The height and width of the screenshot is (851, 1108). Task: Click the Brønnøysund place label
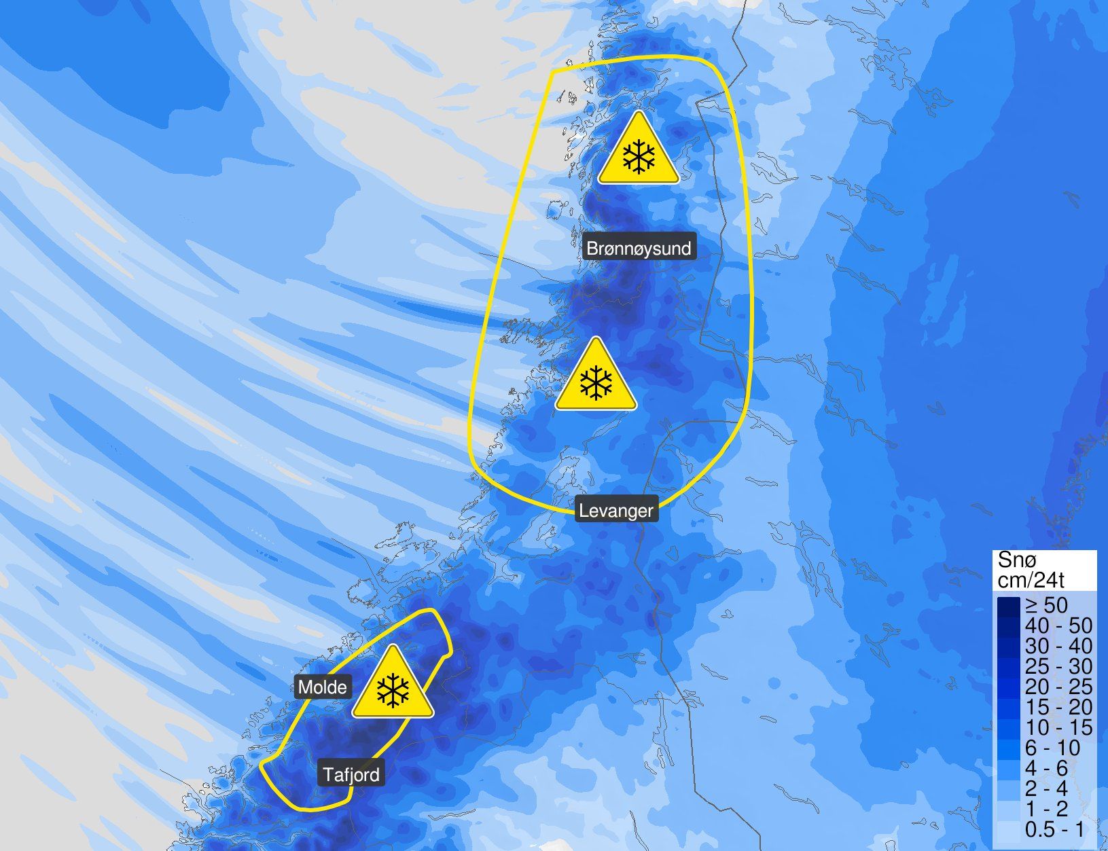638,248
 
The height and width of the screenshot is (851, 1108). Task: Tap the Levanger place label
616,510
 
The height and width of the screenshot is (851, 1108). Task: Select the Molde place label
323,687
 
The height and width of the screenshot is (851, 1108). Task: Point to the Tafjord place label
351,774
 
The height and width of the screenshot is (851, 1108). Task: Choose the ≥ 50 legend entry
1046,605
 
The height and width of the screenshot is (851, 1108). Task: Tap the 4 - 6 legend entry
1047,769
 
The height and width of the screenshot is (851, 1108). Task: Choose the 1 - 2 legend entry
1047,810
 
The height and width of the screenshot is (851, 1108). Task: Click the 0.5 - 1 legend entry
1054,830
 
